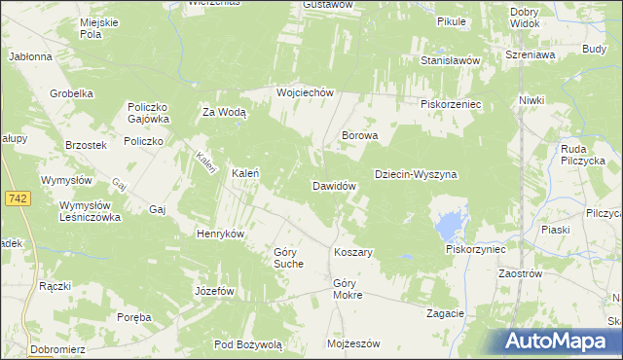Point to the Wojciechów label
coord(305,92)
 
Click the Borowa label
coord(359,136)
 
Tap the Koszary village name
coord(353,252)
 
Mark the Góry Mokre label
coord(348,288)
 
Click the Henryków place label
coord(220,234)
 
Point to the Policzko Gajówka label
coord(148,113)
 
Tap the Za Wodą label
coord(224,112)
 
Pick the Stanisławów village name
coord(452,60)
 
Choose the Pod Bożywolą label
coord(248,344)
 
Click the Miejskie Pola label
coord(104,28)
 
